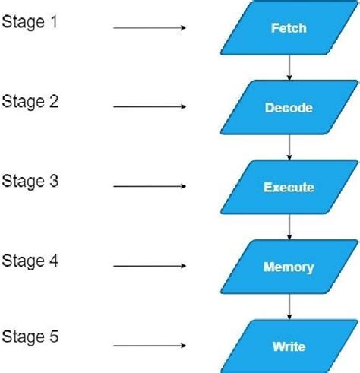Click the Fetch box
coord(289,28)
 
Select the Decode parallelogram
coord(289,108)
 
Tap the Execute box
coord(289,187)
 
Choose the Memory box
coord(289,267)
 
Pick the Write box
coord(289,347)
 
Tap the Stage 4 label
coord(30,261)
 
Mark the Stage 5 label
coord(30,336)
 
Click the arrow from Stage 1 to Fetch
coord(150,28)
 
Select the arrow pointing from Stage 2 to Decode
coord(150,107)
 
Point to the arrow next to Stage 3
coord(150,187)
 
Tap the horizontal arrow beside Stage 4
coord(150,267)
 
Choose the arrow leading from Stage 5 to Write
coord(150,346)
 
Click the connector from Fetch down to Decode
coord(289,68)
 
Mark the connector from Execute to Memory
coord(289,227)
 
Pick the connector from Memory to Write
coord(289,307)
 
